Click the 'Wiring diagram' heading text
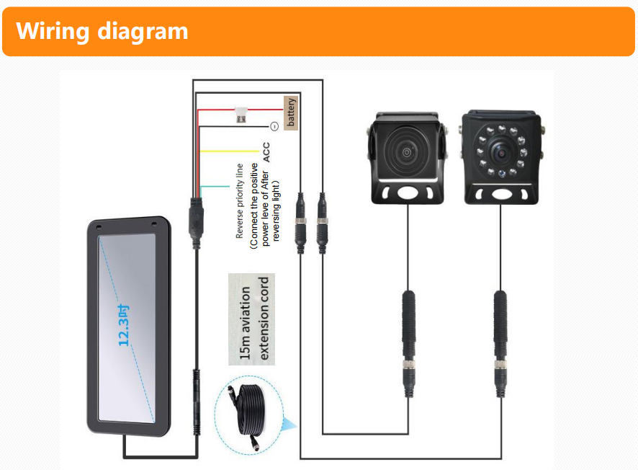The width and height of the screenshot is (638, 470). (102, 31)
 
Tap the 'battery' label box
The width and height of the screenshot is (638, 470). (291, 112)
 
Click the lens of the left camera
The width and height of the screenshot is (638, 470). (408, 152)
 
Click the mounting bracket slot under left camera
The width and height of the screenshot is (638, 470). (408, 192)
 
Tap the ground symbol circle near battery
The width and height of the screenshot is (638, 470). (274, 126)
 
